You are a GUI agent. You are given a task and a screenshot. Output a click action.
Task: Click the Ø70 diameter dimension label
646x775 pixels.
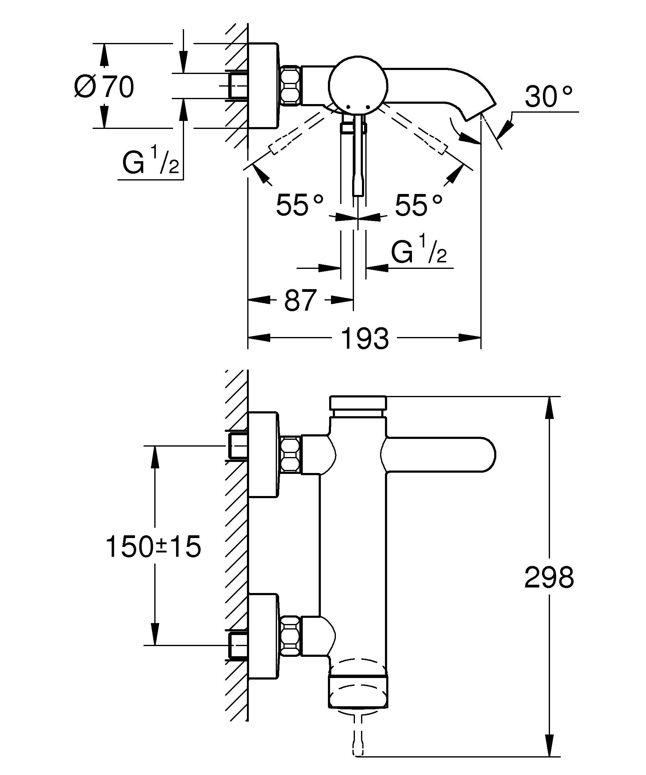104,87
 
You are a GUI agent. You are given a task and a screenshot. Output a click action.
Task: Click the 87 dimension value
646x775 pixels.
300,300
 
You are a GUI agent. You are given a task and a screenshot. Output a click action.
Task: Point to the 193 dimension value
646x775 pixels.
365,339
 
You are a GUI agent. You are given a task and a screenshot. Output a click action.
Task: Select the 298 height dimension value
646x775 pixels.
549,578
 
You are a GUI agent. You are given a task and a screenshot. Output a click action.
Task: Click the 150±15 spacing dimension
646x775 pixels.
153,546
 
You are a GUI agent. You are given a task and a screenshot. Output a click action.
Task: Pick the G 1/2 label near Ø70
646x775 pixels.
150,161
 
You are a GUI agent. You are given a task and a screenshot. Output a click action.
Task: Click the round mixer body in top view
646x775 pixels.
358,86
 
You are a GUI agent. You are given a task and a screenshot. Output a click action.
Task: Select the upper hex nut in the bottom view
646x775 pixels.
290,455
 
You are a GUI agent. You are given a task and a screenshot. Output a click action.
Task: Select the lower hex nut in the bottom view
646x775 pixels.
290,635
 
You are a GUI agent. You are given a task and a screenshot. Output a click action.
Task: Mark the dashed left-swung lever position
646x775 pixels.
295,133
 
